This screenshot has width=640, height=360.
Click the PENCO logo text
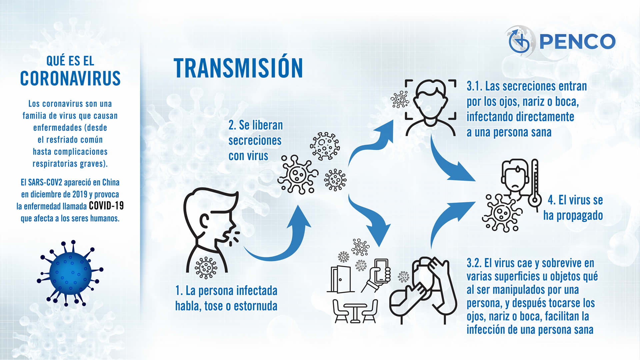(577, 41)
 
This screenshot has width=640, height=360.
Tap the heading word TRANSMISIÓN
(238, 68)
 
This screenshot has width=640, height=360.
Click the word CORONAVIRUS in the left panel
(70, 78)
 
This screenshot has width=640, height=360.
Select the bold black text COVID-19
(106, 206)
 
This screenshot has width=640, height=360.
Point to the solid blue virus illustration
(70, 273)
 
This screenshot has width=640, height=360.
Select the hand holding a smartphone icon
(377, 275)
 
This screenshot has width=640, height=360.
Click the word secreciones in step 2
(255, 141)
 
